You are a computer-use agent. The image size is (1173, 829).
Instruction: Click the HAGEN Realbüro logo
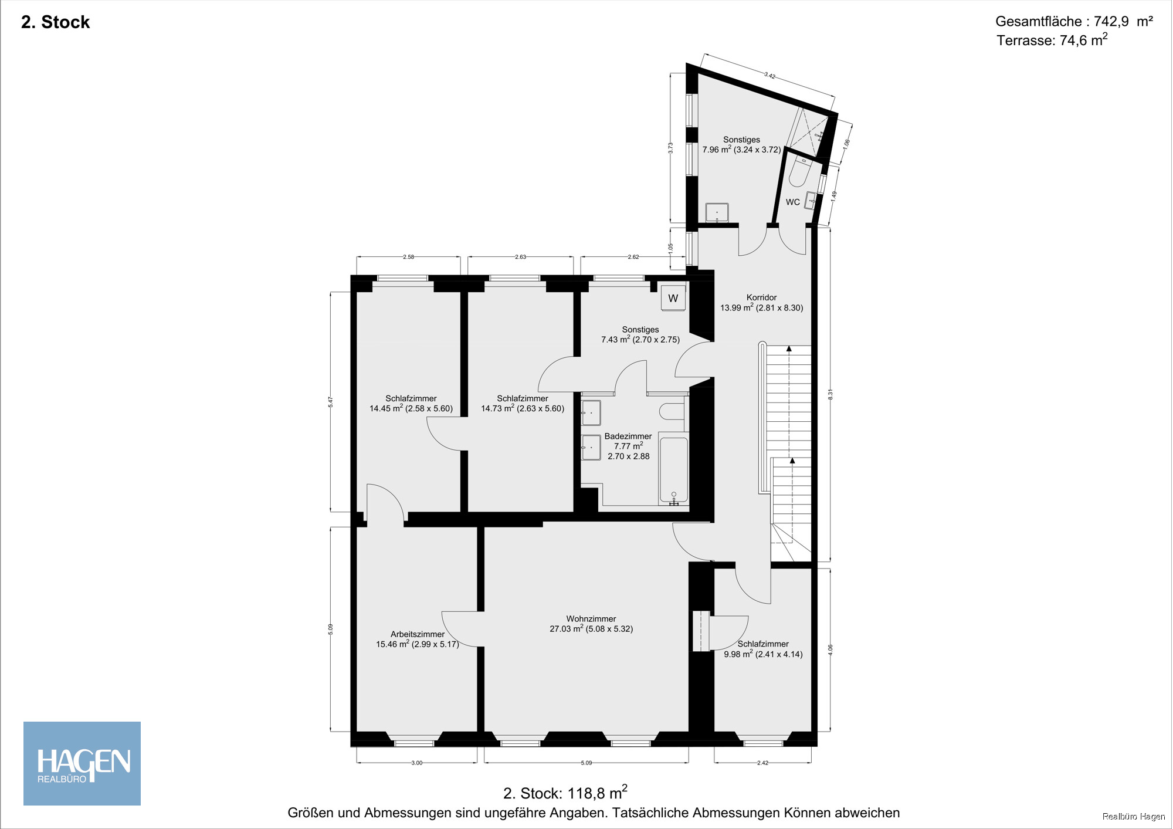82,763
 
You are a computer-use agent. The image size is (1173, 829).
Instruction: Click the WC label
792,202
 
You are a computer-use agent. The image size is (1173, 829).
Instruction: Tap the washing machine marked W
673,298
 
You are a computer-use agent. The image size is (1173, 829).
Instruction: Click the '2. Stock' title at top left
56,22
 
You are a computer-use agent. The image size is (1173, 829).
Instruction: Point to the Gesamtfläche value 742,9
1111,22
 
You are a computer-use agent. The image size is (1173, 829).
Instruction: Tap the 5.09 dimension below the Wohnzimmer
586,763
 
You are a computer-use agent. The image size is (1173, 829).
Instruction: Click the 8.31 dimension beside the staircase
830,395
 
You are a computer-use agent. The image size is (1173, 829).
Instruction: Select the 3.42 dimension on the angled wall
769,75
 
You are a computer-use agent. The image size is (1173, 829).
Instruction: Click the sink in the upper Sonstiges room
717,212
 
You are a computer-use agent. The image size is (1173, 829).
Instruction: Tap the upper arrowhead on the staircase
789,348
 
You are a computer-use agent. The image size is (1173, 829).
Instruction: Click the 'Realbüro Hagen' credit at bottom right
1134,817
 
